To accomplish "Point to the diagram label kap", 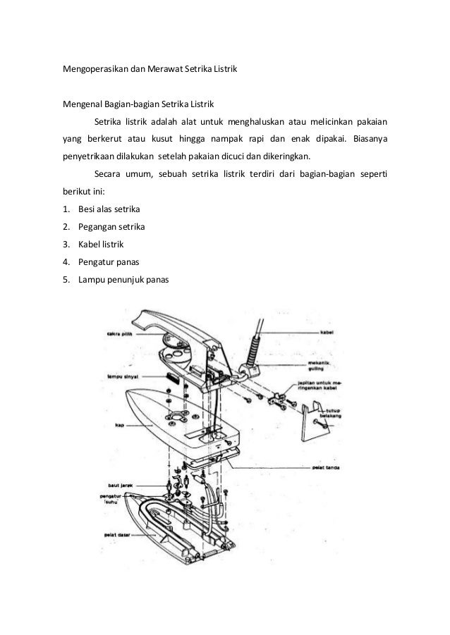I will (119, 425).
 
